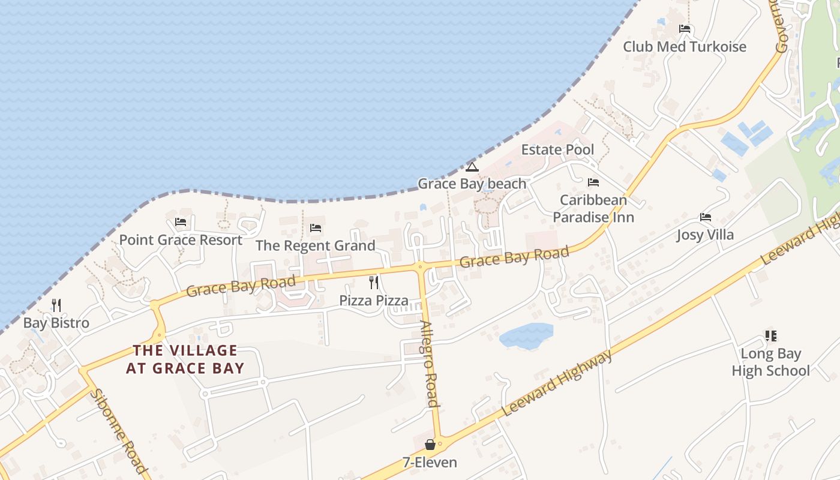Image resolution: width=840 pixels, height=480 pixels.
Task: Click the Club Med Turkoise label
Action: click(684, 47)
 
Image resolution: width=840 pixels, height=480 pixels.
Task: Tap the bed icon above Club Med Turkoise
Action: click(685, 29)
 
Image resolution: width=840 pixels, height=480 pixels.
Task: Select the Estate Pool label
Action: click(557, 149)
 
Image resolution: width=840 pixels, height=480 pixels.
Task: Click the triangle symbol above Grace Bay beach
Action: click(472, 166)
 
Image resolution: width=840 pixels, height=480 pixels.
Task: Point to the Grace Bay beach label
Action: click(472, 184)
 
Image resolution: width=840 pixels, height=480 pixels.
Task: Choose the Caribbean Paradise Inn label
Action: click(593, 208)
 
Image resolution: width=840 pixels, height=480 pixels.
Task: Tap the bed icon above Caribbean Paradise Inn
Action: click(593, 182)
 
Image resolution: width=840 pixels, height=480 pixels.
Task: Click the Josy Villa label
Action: click(705, 235)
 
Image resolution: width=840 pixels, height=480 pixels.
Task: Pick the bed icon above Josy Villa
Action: click(706, 217)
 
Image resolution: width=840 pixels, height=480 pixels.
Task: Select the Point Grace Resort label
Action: click(181, 240)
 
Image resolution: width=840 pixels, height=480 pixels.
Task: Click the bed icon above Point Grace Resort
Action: click(181, 222)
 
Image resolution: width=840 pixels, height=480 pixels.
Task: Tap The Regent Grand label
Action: click(315, 245)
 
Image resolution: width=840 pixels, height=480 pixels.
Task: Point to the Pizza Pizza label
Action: click(374, 300)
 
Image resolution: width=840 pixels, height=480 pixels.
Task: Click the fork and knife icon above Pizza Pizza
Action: click(374, 282)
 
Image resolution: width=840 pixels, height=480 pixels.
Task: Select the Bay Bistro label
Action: click(56, 323)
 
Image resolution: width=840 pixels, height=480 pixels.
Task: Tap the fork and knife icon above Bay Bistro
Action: click(56, 305)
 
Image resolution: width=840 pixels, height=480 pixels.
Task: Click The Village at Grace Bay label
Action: click(185, 359)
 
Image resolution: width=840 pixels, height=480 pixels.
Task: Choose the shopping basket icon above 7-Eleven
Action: click(430, 445)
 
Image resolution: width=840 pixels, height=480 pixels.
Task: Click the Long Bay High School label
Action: click(770, 362)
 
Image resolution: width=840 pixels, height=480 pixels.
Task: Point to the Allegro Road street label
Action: click(430, 364)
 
